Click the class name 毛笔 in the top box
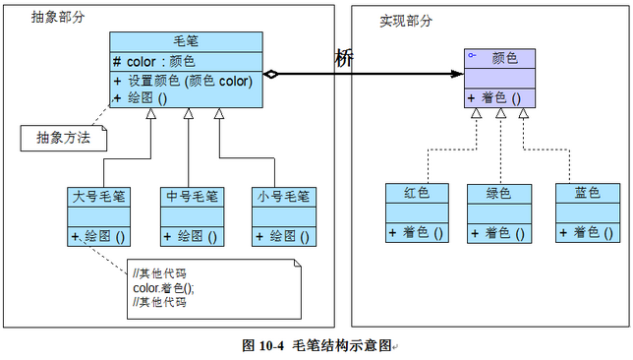(186, 41)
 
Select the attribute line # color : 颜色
(161, 61)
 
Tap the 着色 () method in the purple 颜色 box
(499, 97)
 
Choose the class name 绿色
(499, 193)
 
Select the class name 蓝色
(588, 193)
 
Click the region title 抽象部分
(56, 17)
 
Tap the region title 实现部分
(405, 21)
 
